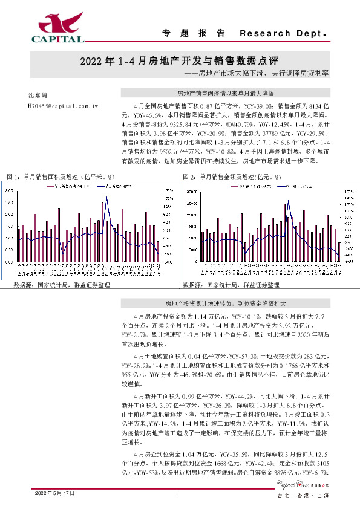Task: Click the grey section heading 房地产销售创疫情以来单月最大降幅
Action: coord(225,94)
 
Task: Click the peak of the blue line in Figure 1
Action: coord(106,197)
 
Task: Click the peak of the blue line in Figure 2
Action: coord(288,201)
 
